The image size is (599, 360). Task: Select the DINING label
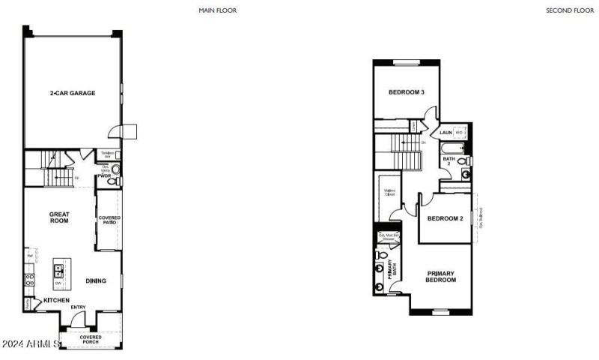pyautogui.click(x=95, y=280)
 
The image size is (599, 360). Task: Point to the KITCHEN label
pyautogui.click(x=56, y=300)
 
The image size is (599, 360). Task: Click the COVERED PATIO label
pyautogui.click(x=109, y=220)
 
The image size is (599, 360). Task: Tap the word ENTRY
pyautogui.click(x=78, y=307)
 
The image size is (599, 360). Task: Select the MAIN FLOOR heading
pyautogui.click(x=218, y=10)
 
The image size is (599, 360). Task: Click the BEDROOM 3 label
pyautogui.click(x=407, y=92)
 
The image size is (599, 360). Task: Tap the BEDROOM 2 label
pyautogui.click(x=446, y=219)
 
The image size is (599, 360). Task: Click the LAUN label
pyautogui.click(x=446, y=133)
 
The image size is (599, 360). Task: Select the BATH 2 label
pyautogui.click(x=449, y=161)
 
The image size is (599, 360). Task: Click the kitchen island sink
pyautogui.click(x=58, y=268)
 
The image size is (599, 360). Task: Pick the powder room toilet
pyautogui.click(x=112, y=181)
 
